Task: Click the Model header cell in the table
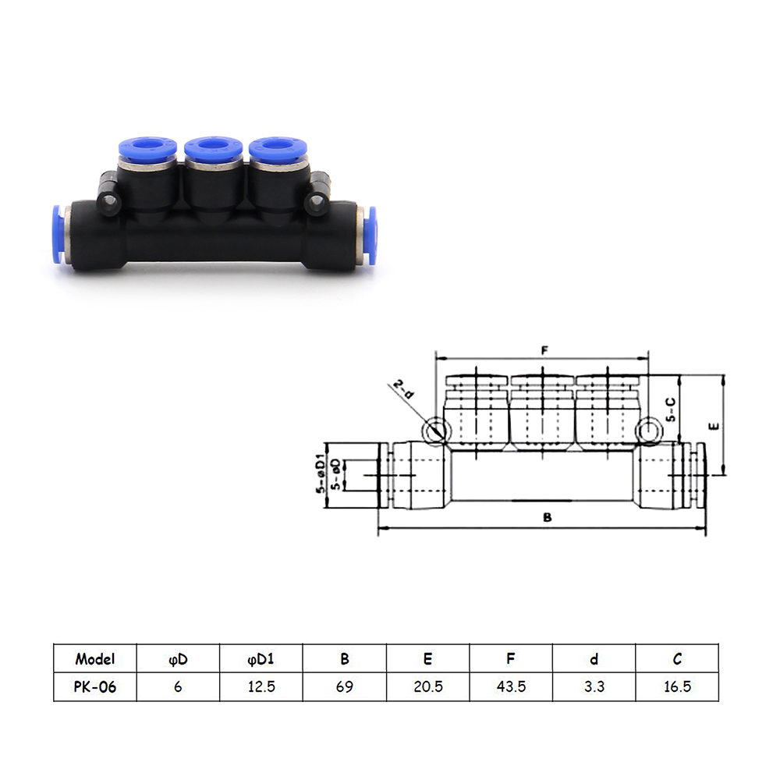[x=94, y=659]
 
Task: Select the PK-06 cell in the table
[x=94, y=687]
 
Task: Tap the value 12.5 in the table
[x=261, y=687]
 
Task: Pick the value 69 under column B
[x=344, y=687]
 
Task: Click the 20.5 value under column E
[x=427, y=687]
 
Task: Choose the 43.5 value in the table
[x=511, y=687]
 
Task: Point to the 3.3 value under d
[x=594, y=687]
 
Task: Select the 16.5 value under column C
[x=677, y=687]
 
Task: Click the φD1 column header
[x=261, y=660]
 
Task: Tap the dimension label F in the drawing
[x=544, y=350]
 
